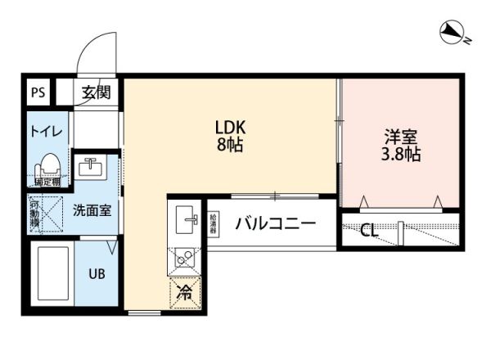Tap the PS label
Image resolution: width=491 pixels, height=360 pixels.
tap(38, 92)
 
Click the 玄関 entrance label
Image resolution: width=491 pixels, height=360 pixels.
tap(95, 92)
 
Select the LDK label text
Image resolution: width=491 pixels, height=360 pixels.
tap(231, 128)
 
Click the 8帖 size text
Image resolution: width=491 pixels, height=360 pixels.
tap(231, 147)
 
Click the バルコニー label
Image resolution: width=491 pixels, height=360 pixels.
tap(275, 223)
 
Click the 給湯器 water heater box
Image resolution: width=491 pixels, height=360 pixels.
tap(213, 223)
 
